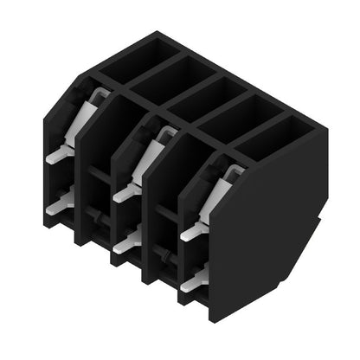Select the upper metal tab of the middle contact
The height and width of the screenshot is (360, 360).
pyautogui.click(x=124, y=193)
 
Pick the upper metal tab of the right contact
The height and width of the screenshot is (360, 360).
pyautogui.click(x=191, y=231)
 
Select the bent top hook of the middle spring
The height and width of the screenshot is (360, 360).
pyautogui.click(x=164, y=132)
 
